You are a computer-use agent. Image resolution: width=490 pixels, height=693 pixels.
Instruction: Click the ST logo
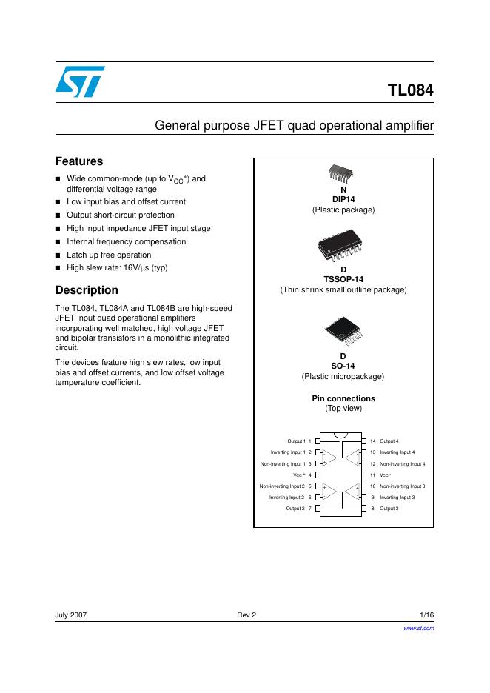[x=79, y=82]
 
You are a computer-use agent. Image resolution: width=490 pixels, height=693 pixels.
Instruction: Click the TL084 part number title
[x=410, y=92]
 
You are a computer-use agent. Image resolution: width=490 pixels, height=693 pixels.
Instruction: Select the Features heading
[x=79, y=161]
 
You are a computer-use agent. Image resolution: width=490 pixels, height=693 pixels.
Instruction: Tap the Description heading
[x=87, y=290]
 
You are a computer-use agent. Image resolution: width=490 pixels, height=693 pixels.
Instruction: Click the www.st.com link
[x=418, y=627]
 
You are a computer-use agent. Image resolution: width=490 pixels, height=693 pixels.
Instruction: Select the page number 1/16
[x=426, y=615]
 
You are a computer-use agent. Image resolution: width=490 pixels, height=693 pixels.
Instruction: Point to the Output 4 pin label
[x=389, y=441]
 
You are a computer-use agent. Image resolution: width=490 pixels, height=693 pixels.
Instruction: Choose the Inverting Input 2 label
[x=287, y=498]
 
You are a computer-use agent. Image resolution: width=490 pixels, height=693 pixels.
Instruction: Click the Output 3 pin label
[x=389, y=509]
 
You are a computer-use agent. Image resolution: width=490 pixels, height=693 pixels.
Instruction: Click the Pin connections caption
[x=343, y=398]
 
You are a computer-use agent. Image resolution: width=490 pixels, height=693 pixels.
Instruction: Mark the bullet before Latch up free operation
[x=58, y=255]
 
